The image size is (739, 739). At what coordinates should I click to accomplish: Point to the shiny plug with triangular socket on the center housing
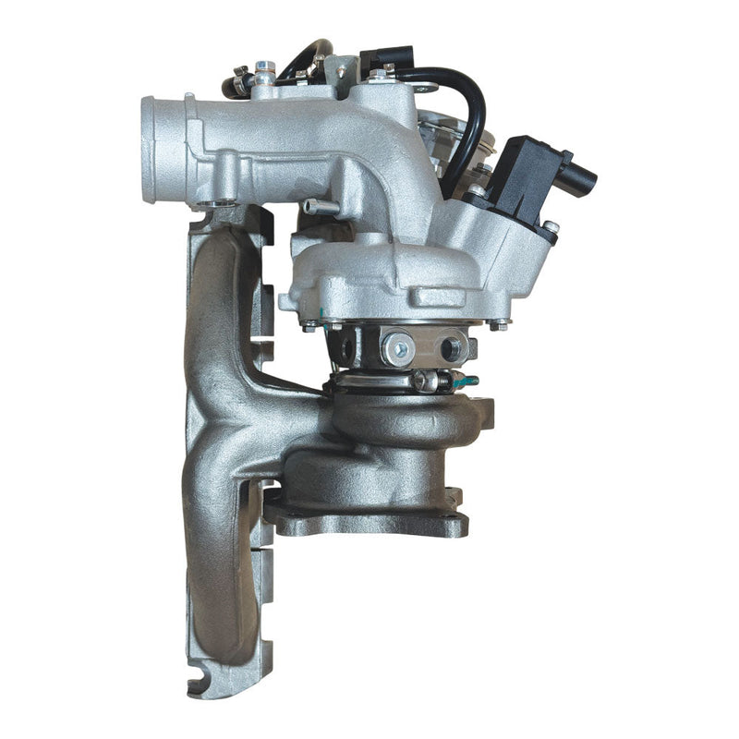coord(400,347)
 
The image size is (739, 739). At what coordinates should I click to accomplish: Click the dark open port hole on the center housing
coord(454,349)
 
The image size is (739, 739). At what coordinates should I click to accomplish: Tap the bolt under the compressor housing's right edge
coord(499,324)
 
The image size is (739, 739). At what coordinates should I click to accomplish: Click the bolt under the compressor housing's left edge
coord(308,326)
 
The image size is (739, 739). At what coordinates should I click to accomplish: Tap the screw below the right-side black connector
coord(551,227)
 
